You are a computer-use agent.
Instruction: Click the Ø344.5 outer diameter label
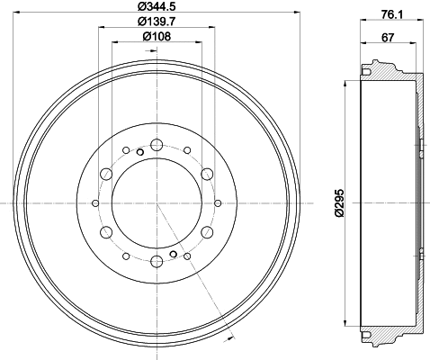click(157, 8)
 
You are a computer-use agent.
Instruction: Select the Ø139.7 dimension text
click(157, 22)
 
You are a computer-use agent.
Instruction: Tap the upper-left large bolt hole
click(106, 174)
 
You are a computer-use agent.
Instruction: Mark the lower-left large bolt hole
click(106, 232)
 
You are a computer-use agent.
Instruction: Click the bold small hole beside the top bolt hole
click(139, 151)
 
